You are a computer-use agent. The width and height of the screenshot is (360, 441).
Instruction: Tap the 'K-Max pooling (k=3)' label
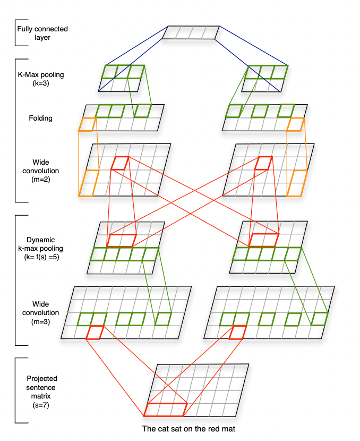coord(40,79)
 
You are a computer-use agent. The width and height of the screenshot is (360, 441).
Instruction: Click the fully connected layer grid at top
coord(190,32)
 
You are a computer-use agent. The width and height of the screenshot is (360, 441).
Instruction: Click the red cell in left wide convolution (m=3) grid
coord(96,332)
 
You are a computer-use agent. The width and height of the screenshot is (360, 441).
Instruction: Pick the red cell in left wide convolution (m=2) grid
coord(119,163)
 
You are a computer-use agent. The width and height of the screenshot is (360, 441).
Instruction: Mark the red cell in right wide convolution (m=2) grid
coord(262,163)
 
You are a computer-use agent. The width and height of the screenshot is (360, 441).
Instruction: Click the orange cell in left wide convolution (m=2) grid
coord(89,183)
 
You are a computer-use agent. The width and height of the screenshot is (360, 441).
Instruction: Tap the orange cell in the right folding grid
coord(296,124)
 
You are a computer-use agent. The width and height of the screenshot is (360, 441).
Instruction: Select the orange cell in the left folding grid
coord(87,124)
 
